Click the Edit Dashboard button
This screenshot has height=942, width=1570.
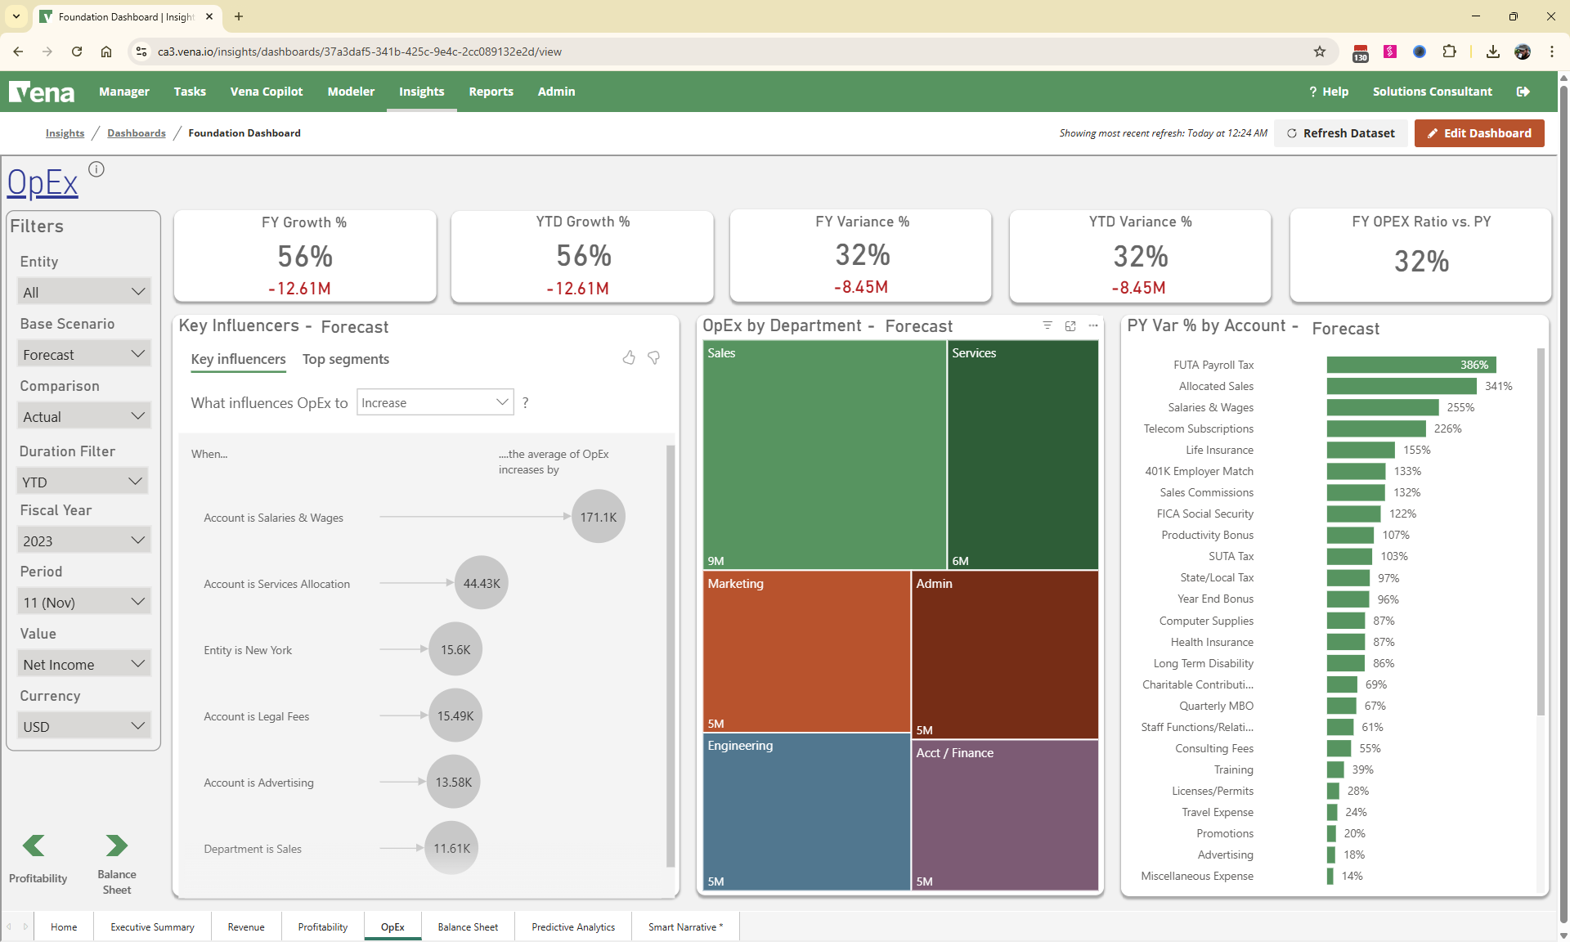tap(1478, 133)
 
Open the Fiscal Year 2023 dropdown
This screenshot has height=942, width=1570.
tap(83, 541)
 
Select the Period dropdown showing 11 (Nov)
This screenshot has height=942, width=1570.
tap(83, 603)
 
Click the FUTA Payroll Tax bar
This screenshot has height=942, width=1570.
tap(1411, 365)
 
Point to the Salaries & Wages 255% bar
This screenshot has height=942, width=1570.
tap(1382, 407)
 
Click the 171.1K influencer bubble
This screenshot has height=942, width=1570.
tap(598, 517)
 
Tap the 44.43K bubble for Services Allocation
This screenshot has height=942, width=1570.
tap(481, 583)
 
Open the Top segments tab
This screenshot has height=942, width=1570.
tap(345, 359)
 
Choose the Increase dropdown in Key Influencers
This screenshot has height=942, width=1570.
tap(434, 402)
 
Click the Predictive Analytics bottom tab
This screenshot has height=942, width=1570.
tap(572, 926)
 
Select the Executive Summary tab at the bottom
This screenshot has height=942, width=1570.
tap(152, 926)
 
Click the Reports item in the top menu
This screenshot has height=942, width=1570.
tap(491, 92)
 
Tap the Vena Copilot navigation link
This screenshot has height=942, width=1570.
tap(266, 92)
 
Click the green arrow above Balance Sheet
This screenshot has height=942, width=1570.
tap(116, 845)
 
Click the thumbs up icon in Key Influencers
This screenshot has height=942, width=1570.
tap(629, 357)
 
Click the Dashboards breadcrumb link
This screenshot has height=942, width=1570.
tap(136, 133)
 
